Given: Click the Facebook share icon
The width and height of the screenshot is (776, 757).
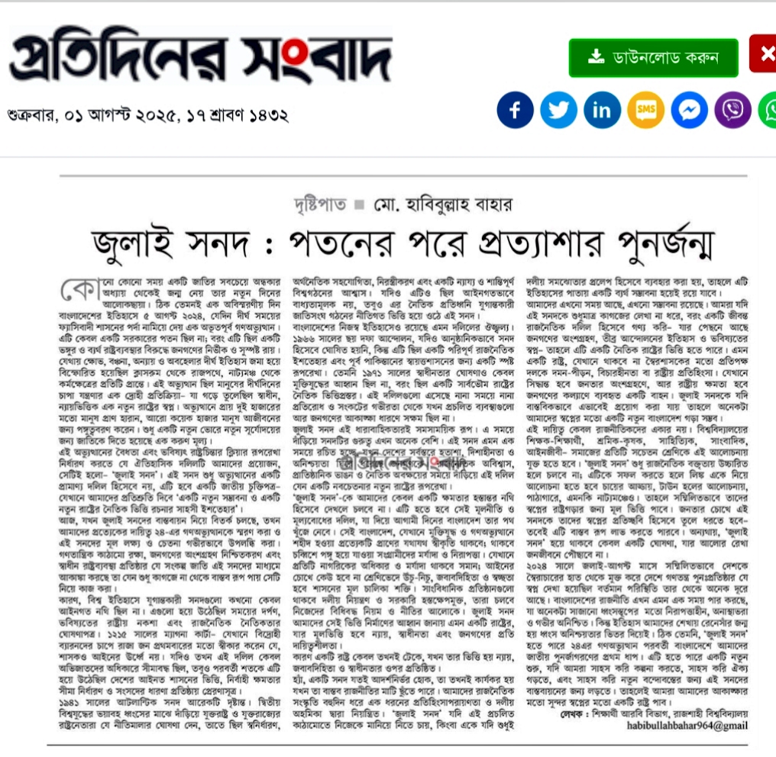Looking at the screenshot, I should coord(515,110).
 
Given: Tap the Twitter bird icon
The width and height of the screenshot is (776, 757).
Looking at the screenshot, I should coord(558,110).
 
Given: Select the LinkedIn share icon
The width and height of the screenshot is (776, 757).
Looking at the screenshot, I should coord(602,110).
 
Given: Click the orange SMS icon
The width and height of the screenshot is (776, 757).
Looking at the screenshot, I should coord(645,110).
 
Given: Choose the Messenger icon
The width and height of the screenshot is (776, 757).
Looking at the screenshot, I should coord(689,110).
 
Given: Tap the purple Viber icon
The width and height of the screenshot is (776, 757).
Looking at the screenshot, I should coord(732,110).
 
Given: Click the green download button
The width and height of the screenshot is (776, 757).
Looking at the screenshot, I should coord(653,58).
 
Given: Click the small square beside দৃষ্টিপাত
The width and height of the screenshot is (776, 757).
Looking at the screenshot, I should coord(359,205).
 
